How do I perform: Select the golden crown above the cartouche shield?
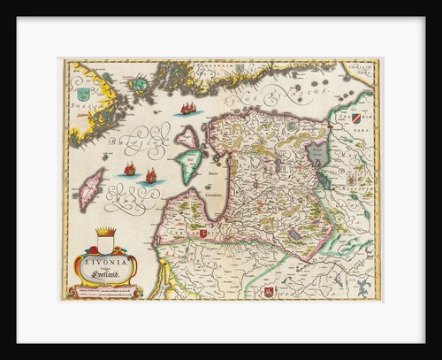click(x=104, y=235)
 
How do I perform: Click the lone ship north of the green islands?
click(x=187, y=109)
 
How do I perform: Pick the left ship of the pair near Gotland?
click(x=130, y=168)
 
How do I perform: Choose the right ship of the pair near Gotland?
click(x=149, y=176)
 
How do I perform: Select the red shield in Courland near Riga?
click(x=204, y=233)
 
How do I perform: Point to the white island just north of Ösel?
click(x=188, y=137)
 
